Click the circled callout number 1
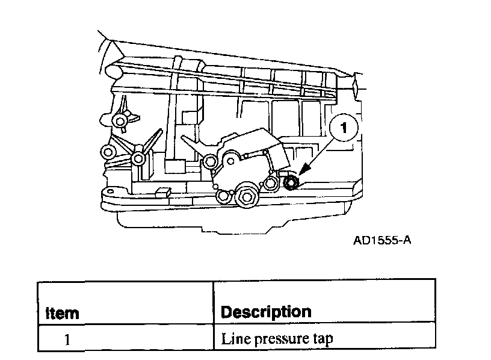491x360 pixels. (344, 128)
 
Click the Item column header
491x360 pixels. (63, 313)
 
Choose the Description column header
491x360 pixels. (266, 312)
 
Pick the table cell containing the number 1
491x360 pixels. (67, 339)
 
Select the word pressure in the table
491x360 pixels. (272, 339)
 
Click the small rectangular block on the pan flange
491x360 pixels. (161, 193)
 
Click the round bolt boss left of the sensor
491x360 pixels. (210, 161)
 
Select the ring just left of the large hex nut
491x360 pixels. (225, 195)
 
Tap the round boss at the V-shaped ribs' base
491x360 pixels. (138, 159)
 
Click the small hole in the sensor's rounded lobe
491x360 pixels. (229, 160)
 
